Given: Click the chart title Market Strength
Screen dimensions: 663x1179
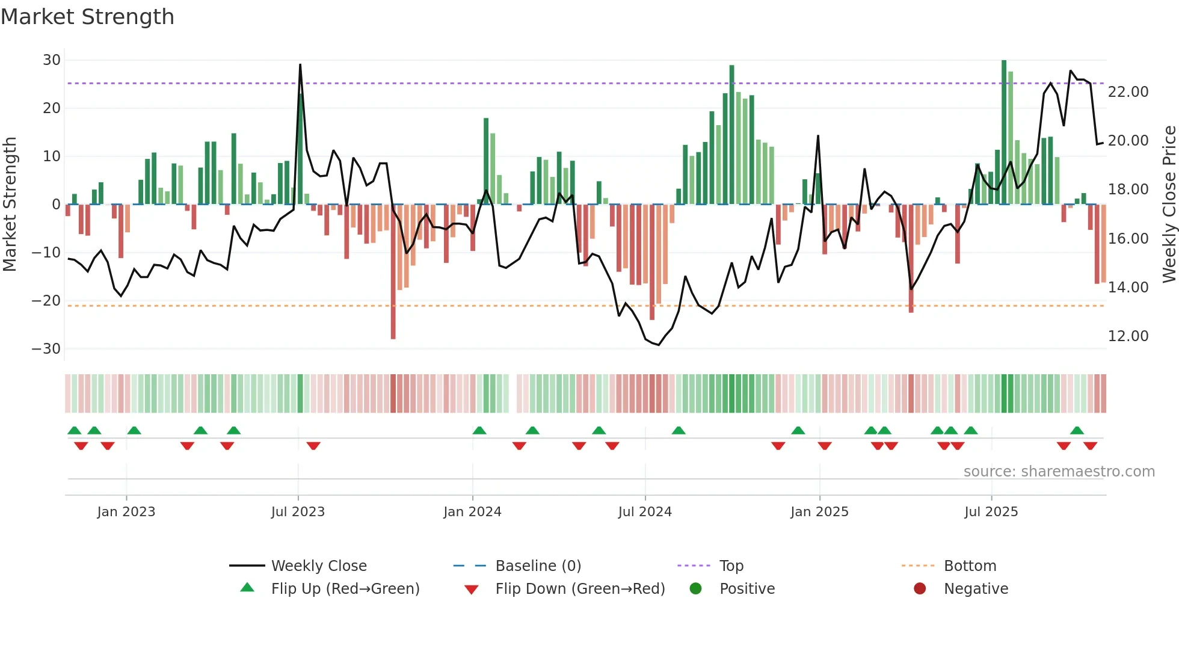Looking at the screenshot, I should coord(87,17).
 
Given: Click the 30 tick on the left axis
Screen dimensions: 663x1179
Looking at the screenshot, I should coord(52,60).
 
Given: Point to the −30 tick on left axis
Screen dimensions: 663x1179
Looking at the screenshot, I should coord(46,349).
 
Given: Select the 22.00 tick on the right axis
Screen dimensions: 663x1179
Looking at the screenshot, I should coord(1128,92).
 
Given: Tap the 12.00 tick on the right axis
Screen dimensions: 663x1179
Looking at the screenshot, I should coord(1128,336).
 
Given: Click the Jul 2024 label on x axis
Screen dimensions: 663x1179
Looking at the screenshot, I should coord(645,512).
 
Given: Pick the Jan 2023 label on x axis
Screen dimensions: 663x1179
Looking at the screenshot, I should coord(126,512).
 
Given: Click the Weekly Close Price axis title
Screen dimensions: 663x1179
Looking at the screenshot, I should coord(1169,205).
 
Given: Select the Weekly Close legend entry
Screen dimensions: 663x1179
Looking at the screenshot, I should coord(319,566).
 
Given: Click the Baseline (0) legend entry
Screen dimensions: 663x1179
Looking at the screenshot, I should coord(538,566).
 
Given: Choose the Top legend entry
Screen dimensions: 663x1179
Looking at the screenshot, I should coord(731,566).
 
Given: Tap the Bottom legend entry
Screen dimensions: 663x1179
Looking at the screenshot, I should coord(970,566).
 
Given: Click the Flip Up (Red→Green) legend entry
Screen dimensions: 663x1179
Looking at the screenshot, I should coord(345,589).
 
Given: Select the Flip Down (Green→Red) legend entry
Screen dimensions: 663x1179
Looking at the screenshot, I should coord(580,589).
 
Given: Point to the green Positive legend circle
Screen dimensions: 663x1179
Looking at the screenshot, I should coord(696,589).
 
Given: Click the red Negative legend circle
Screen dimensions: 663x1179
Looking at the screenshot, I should coord(920,589).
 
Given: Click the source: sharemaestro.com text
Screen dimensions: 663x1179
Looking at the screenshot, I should coord(1059,472).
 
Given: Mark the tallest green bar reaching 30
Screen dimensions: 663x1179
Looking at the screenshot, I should coord(1004,132).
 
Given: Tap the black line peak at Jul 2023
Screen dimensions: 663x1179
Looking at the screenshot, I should coord(300,65).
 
